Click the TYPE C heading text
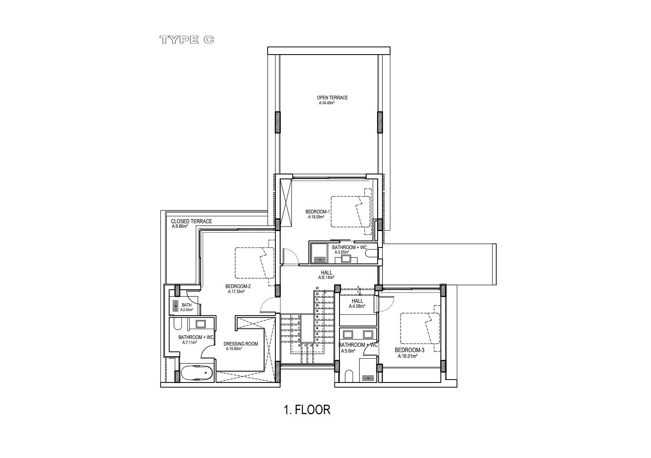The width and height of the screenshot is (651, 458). point(187,40)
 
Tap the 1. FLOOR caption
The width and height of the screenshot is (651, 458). point(307,410)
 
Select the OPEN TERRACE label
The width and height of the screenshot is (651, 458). point(332,98)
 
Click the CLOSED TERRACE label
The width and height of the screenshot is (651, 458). point(191,221)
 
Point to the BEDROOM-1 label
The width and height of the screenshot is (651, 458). point(317,212)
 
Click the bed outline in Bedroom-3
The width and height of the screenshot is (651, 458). point(419,328)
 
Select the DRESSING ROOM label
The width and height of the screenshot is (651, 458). point(241,344)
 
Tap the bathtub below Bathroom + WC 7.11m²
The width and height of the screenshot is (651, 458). point(197,373)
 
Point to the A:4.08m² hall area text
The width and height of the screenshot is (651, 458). point(357,306)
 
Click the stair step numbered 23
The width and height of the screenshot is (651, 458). point(317,288)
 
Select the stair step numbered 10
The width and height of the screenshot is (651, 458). point(300,346)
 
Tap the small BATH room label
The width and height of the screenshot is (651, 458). point(186,305)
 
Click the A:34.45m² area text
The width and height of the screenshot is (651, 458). point(327,103)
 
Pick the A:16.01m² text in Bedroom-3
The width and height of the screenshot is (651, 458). point(407,357)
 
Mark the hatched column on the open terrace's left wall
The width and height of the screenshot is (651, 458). point(278,122)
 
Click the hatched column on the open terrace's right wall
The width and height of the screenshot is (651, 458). point(380,122)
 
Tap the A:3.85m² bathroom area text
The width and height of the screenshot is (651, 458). point(342,252)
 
